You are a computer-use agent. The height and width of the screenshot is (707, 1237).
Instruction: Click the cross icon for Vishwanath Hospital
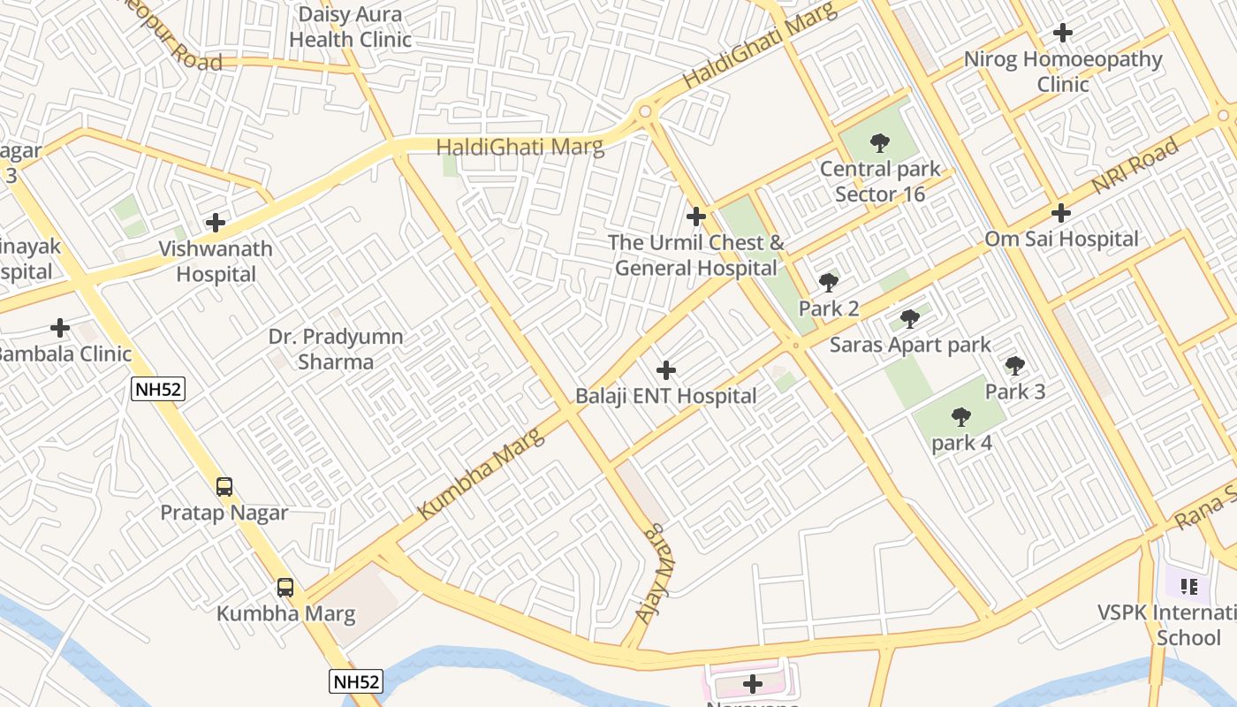point(215,223)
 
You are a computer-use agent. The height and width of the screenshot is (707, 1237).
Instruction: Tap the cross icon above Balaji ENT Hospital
point(666,370)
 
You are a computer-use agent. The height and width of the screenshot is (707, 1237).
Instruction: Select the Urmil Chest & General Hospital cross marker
point(696,216)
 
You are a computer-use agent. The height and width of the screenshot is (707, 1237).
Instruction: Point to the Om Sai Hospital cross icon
point(1061,213)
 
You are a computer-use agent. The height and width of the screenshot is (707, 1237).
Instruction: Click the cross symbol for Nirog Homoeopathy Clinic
point(1063,34)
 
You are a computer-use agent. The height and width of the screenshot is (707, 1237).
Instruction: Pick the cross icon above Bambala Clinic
point(60,328)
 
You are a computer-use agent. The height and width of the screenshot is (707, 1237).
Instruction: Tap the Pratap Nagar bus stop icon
point(224,486)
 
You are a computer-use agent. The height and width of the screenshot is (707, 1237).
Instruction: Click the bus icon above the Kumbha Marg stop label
point(285,588)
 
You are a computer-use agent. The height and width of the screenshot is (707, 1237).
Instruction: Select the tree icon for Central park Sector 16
point(879,142)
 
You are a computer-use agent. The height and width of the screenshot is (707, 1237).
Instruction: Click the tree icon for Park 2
point(829,283)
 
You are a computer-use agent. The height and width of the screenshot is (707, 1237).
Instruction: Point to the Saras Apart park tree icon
point(910,319)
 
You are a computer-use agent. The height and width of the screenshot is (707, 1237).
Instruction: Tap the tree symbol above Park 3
point(1015,365)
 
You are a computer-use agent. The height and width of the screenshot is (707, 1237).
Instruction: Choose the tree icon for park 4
point(961,416)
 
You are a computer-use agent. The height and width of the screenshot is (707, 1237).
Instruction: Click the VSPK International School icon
point(1188,586)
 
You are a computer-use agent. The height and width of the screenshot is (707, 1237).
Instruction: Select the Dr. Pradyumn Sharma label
point(336,349)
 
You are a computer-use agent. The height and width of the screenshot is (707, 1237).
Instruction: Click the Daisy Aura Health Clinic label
point(350,27)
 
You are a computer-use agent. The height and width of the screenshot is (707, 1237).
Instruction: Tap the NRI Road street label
point(1135,166)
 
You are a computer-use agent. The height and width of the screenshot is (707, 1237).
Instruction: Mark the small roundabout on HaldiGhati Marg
point(645,111)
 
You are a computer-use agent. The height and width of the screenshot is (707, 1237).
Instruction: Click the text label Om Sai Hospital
point(1061,239)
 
